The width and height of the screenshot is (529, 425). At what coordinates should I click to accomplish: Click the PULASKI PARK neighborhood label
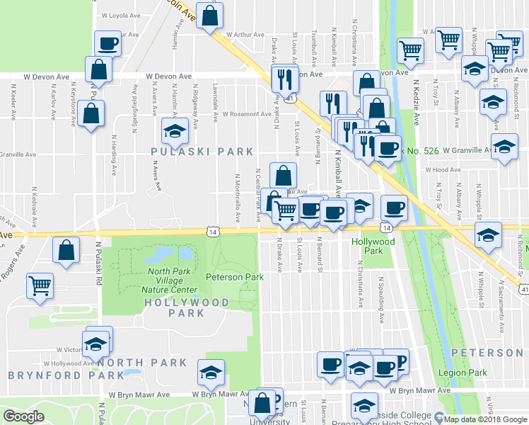click(202, 151)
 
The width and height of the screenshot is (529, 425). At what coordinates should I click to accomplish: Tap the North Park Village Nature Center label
click(172, 280)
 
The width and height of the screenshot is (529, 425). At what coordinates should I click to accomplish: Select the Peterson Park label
click(234, 277)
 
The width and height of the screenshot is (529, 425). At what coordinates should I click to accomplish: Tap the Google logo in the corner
click(23, 416)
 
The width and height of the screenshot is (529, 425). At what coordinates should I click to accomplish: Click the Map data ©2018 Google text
click(484, 419)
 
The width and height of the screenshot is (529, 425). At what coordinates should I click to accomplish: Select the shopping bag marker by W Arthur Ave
click(210, 16)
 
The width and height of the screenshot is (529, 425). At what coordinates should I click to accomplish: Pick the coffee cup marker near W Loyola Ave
click(107, 43)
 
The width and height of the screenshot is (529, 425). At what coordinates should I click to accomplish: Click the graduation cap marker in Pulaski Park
click(174, 130)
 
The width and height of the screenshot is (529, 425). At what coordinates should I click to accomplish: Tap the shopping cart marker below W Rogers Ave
click(40, 285)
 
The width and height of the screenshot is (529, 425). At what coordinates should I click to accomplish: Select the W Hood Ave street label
click(442, 170)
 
